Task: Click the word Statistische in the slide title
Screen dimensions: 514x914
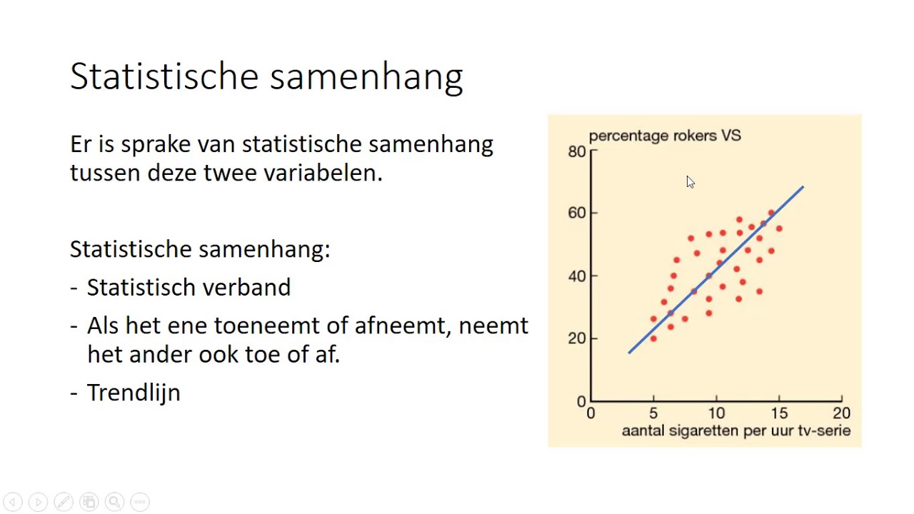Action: (164, 76)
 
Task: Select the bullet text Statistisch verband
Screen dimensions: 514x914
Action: (189, 288)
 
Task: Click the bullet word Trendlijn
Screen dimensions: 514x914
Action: (134, 393)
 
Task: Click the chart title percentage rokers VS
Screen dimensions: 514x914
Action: (664, 136)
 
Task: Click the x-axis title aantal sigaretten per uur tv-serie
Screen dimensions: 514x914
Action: (735, 431)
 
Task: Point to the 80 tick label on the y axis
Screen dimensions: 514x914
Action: (576, 151)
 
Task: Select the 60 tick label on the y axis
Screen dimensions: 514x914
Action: (576, 213)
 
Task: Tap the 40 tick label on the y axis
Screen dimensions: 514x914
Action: (576, 276)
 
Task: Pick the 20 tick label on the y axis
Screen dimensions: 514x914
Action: (576, 338)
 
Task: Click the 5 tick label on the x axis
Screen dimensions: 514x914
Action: (653, 413)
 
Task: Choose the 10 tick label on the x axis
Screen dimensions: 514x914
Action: (716, 413)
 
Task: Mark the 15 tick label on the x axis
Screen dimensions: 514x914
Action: (779, 413)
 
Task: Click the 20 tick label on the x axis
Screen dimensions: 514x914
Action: (841, 413)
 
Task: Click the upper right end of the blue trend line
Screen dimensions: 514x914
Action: (802, 188)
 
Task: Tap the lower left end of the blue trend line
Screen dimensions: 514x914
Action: (630, 351)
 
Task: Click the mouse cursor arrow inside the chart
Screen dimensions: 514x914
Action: (690, 182)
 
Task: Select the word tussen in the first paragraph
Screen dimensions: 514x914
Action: (105, 173)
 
